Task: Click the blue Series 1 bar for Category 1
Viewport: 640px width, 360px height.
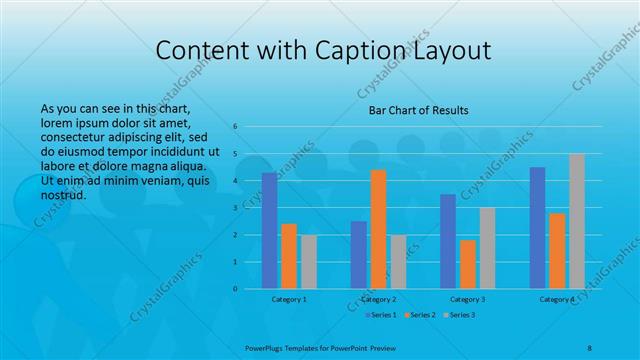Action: [269, 230]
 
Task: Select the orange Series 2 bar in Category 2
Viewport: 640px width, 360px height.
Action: [378, 229]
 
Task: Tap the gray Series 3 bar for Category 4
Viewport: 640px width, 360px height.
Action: [577, 221]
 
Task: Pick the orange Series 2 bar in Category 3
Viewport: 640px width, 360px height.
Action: [468, 264]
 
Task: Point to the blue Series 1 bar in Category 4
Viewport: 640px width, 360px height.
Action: [537, 227]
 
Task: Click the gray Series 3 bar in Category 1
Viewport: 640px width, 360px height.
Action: [308, 261]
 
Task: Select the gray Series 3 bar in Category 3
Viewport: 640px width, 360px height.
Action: [487, 248]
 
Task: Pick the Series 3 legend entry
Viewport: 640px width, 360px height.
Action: [457, 315]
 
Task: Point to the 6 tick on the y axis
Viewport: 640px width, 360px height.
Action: [235, 126]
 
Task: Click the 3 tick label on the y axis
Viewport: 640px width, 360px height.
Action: [235, 207]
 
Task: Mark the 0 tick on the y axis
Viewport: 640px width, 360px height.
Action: [235, 289]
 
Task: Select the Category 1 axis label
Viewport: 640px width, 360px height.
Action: [289, 299]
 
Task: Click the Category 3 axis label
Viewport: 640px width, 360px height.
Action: [468, 299]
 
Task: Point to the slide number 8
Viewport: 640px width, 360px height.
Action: [589, 345]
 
